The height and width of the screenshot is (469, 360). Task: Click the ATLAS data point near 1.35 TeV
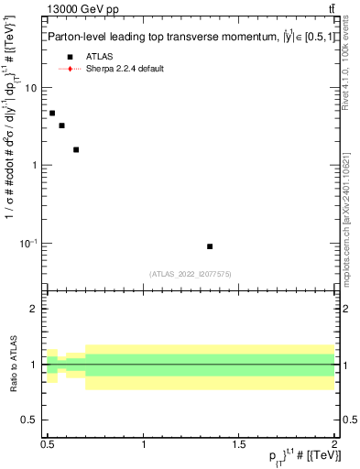pos(210,246)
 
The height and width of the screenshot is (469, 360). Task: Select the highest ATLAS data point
pos(52,113)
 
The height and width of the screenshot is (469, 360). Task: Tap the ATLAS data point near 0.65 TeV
pos(76,149)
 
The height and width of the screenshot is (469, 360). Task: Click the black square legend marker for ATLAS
pos(70,57)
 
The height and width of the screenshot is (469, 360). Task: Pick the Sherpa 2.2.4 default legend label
pos(125,69)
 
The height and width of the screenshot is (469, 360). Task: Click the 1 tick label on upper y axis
pos(34,166)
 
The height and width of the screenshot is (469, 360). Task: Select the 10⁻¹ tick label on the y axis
pos(29,244)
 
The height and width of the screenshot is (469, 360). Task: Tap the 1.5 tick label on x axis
pos(239,443)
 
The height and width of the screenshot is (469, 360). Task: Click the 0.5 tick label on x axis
pos(48,443)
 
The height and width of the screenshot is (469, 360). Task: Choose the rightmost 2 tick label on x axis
pos(334,443)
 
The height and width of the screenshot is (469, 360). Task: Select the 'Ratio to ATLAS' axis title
pos(12,364)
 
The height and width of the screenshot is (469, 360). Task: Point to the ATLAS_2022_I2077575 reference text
pos(191,273)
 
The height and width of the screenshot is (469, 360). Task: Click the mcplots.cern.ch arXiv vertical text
pos(345,202)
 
